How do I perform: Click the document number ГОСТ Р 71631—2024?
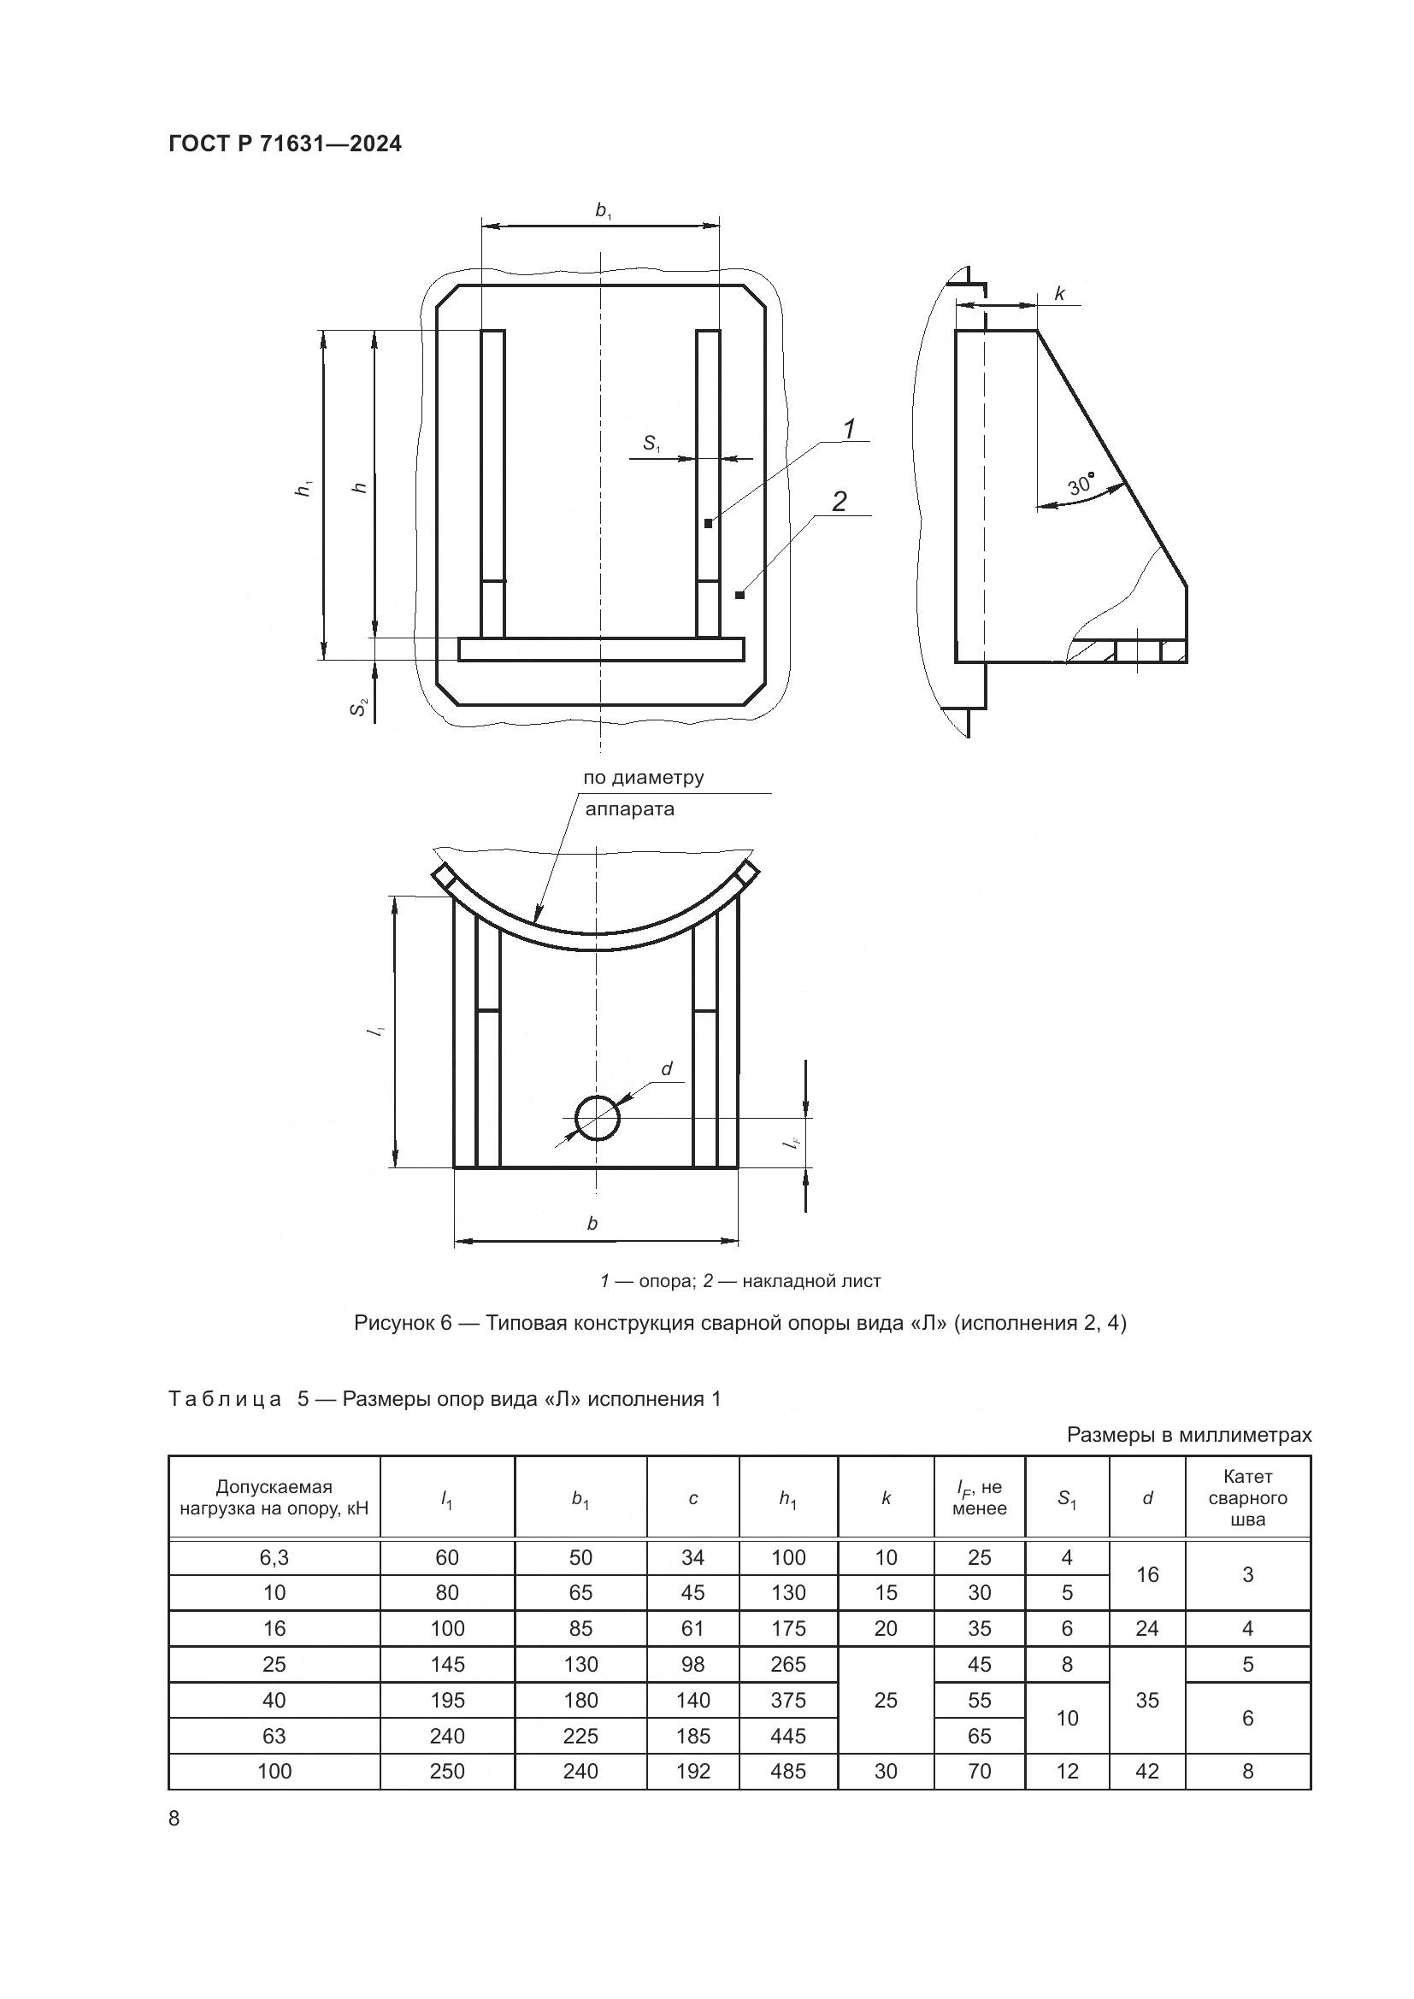285,144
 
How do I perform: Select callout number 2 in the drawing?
839,501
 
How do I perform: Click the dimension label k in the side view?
1059,294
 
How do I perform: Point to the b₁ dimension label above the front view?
603,210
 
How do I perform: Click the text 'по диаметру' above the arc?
643,778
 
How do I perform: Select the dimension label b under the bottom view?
592,1223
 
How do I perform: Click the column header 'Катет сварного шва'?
1246,1498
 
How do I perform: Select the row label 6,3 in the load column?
274,1558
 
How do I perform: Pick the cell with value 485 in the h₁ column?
788,1772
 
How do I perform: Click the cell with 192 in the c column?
692,1772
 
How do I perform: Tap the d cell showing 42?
1146,1772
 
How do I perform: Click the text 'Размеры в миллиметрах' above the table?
1188,1435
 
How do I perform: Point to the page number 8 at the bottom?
174,1819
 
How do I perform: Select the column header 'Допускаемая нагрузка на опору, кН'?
274,1497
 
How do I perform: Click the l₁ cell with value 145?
447,1665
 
